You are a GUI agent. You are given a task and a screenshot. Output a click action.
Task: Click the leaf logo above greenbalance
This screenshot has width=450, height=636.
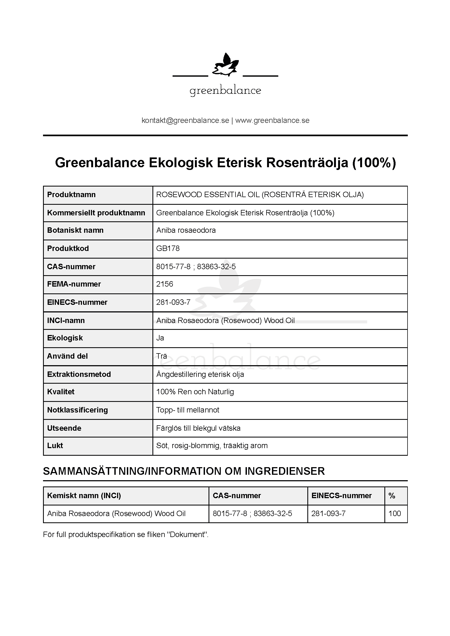(x=225, y=65)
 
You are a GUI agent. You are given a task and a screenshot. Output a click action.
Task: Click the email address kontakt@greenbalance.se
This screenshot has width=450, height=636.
(x=185, y=120)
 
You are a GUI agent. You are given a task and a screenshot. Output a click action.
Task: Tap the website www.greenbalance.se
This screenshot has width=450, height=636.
(x=272, y=120)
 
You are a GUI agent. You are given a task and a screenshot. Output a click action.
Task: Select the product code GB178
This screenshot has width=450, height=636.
(x=168, y=249)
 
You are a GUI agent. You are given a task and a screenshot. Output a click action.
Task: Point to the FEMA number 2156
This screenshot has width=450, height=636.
(x=164, y=284)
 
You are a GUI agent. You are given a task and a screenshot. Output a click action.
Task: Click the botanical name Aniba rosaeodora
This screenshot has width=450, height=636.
(x=186, y=230)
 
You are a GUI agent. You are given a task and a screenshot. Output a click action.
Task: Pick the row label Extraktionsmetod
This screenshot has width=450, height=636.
(x=79, y=374)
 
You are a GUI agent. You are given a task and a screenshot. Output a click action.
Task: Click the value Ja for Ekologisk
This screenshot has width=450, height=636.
(x=160, y=338)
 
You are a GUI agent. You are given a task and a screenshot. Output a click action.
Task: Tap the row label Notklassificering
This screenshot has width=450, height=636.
(x=77, y=410)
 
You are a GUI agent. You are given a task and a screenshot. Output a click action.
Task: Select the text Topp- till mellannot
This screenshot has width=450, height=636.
(x=188, y=410)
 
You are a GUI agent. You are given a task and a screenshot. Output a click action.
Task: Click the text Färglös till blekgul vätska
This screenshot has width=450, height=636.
(x=198, y=428)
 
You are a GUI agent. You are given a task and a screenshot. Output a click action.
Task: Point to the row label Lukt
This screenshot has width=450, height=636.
(x=55, y=446)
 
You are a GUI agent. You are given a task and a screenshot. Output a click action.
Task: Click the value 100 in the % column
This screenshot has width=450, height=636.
(x=394, y=514)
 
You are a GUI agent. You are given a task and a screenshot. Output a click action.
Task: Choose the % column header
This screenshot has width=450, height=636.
(x=391, y=496)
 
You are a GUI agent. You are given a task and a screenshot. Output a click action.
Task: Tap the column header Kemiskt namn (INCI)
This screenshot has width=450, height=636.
(x=84, y=496)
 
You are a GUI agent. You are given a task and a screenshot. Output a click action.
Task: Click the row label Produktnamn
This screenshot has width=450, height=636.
(x=71, y=195)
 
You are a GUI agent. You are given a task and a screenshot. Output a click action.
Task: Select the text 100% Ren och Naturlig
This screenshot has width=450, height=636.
(x=195, y=392)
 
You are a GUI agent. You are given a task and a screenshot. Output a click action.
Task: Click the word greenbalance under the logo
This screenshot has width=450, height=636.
(x=225, y=91)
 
